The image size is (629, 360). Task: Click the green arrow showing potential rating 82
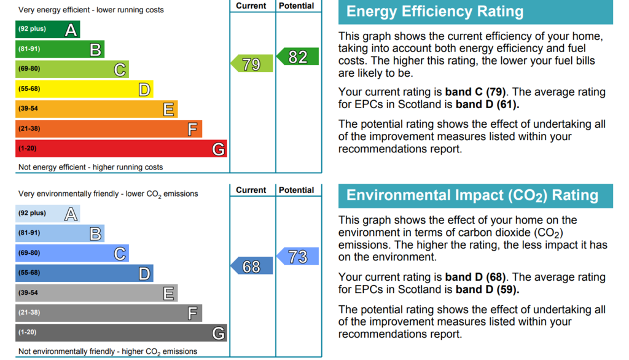coord(298,56)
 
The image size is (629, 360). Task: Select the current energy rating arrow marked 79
coord(252,63)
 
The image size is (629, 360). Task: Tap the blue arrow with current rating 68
coord(252,265)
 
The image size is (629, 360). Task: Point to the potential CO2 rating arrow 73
coord(298,256)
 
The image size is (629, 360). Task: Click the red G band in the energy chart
coord(121,149)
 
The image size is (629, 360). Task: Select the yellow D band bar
coord(84,88)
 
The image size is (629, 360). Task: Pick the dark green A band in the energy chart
coord(48,29)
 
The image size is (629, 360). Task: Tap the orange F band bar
coord(109,129)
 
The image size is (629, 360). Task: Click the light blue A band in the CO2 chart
coord(48,214)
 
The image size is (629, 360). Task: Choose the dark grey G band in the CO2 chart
coord(121,333)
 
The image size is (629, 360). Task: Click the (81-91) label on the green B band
coord(29,49)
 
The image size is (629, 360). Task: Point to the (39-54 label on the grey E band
coord(28,292)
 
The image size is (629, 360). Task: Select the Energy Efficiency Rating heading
coord(435,11)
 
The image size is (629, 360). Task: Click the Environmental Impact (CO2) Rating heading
coord(472,195)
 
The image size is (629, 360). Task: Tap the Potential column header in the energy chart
coord(297,6)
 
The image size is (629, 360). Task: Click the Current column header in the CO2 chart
coord(251,190)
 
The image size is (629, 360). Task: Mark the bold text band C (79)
coord(475,92)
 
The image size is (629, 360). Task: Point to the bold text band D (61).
coord(487,104)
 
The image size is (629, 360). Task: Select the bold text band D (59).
coord(487,289)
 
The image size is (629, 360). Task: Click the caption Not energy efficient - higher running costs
coord(91,167)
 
